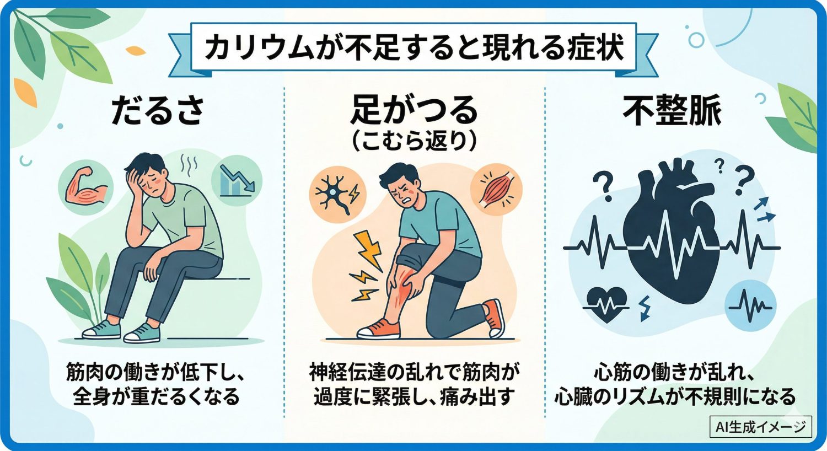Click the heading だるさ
click(x=158, y=110)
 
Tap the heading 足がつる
click(x=414, y=110)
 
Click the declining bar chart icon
click(x=237, y=180)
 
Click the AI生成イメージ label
click(x=760, y=427)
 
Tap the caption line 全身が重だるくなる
click(x=157, y=396)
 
